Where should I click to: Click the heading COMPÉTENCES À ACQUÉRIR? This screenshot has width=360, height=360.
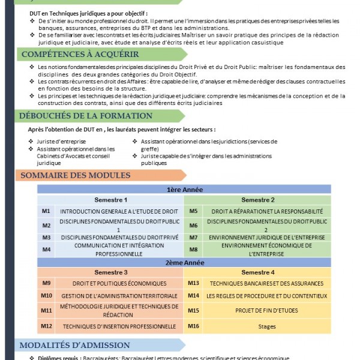[80, 54]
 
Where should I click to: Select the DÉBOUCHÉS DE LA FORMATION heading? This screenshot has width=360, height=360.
[86, 116]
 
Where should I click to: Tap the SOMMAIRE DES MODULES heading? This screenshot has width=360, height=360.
[75, 175]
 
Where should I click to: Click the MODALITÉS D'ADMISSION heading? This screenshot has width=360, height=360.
[74, 345]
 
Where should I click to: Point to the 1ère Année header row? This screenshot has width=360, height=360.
[184, 190]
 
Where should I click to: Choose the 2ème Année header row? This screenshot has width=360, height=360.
[184, 263]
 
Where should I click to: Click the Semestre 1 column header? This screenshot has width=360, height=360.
[110, 200]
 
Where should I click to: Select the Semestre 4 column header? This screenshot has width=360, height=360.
[258, 272]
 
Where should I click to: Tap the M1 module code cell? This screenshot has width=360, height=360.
[46, 211]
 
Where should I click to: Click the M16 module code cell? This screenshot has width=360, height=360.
[193, 326]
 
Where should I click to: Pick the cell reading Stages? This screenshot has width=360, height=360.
[266, 326]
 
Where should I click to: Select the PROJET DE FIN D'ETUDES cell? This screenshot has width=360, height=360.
[266, 310]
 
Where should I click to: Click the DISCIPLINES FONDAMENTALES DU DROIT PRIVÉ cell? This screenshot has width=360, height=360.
[119, 238]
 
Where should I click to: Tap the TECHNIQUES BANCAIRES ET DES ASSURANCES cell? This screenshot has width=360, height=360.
[266, 283]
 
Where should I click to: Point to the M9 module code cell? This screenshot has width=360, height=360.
[46, 283]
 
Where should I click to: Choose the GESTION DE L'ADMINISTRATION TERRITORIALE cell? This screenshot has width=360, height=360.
[119, 296]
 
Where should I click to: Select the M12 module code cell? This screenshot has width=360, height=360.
[46, 326]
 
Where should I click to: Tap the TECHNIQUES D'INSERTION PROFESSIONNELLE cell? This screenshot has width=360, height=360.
[119, 326]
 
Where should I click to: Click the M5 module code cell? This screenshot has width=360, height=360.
[193, 211]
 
